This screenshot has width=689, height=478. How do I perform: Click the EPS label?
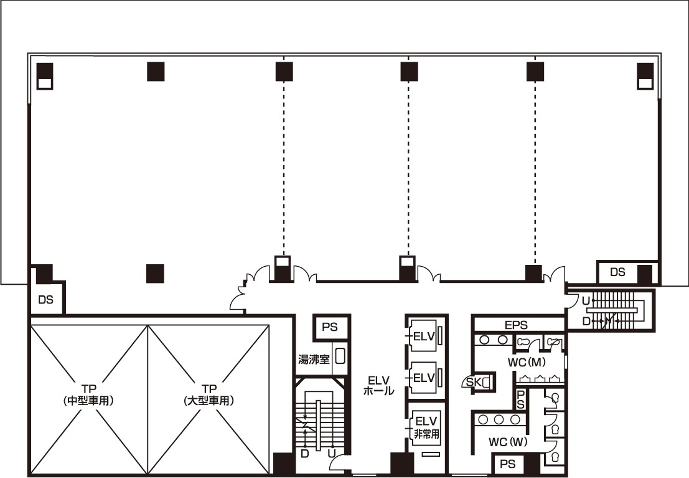pyautogui.click(x=516, y=325)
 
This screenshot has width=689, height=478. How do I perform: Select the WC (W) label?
pyautogui.click(x=508, y=441)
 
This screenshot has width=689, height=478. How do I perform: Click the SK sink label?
pyautogui.click(x=473, y=382)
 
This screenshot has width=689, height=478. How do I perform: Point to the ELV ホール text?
pyautogui.click(x=378, y=385)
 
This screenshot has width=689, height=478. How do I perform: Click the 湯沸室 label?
pyautogui.click(x=314, y=359)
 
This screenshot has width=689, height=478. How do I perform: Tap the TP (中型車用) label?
pyautogui.click(x=89, y=395)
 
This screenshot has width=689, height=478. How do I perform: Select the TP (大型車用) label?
pyautogui.click(x=209, y=395)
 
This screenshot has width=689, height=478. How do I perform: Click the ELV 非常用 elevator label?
pyautogui.click(x=426, y=428)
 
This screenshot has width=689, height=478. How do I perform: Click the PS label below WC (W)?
pyautogui.click(x=507, y=464)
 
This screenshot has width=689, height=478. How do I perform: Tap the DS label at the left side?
pyautogui.click(x=45, y=300)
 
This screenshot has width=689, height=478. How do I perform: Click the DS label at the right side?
pyautogui.click(x=617, y=272)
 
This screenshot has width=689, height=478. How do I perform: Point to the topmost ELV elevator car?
pyautogui.click(x=423, y=337)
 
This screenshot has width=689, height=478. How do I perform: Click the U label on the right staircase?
pyautogui.click(x=586, y=301)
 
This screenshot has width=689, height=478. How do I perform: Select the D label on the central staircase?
pyautogui.click(x=304, y=453)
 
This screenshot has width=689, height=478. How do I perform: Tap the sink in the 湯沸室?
pyautogui.click(x=340, y=356)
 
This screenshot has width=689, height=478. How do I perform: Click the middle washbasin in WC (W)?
pyautogui.click(x=499, y=419)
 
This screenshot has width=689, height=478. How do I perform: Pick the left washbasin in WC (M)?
pyautogui.click(x=485, y=340)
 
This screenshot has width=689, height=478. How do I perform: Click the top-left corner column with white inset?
pyautogui.click(x=45, y=76)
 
